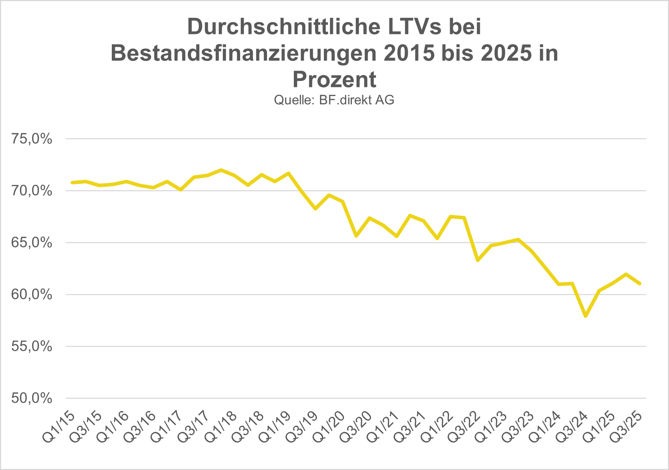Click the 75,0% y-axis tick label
click(32, 139)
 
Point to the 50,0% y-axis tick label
click(32, 398)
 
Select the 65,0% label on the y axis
click(32, 243)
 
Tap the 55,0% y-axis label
click(32, 347)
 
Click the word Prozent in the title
click(334, 79)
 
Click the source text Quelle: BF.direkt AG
click(334, 100)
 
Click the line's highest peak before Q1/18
click(221, 170)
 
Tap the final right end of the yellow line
click(640, 284)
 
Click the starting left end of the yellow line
click(72, 183)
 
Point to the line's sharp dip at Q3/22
click(478, 260)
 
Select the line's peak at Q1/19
click(288, 173)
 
